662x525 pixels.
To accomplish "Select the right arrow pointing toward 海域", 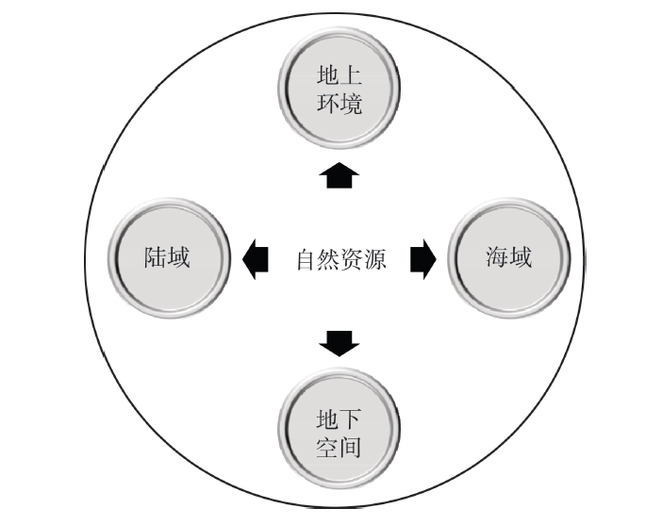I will pyautogui.click(x=422, y=258).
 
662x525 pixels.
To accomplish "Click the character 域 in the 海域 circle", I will pyautogui.click(x=521, y=256).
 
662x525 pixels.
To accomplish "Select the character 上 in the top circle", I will pyautogui.click(x=351, y=75).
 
